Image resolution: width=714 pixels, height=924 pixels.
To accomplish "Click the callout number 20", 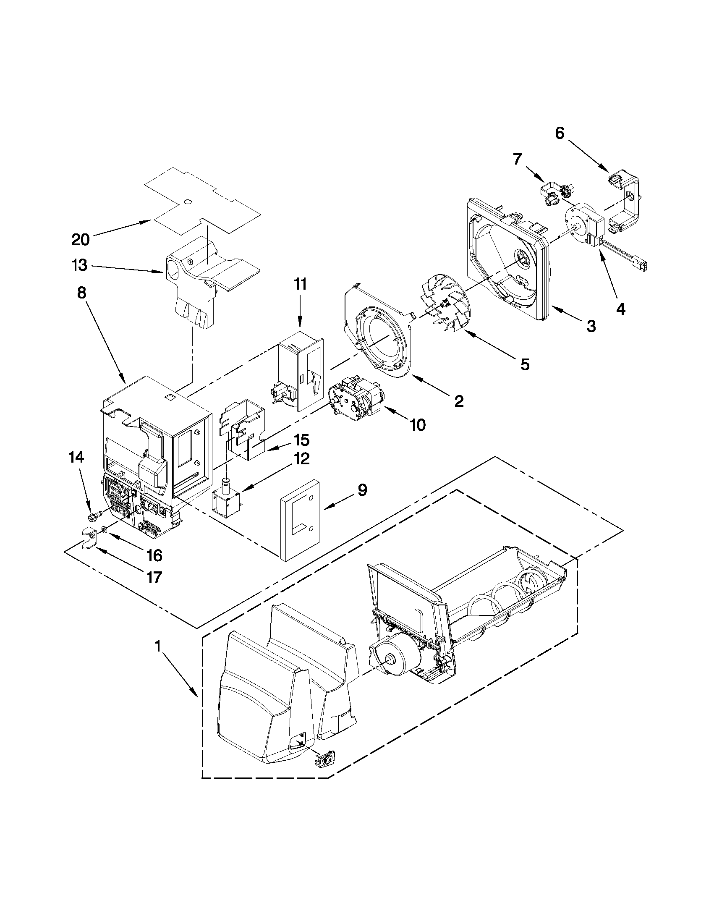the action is (80, 240).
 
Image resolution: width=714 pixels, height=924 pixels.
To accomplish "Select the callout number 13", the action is (79, 265).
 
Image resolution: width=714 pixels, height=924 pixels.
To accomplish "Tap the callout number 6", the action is (559, 133).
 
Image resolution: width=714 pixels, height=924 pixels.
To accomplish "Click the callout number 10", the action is (418, 425).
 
